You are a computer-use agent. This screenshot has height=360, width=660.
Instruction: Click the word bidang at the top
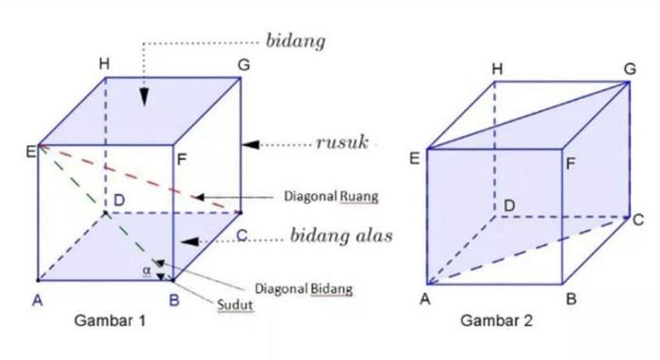pos(295,41)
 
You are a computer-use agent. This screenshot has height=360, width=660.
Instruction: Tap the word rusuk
pos(342,142)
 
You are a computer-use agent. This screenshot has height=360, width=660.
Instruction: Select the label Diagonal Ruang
pos(331,196)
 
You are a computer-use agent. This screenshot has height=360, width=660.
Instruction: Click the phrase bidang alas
pos(341,236)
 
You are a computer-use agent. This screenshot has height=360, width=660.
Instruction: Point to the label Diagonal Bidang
pos(304,289)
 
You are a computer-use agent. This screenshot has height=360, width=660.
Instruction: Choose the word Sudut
pos(236,304)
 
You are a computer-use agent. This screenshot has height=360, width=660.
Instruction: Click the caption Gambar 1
pos(110,320)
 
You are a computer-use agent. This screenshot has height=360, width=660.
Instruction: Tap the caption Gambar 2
pos(497,320)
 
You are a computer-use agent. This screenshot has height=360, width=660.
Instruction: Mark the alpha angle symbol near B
pos(146,270)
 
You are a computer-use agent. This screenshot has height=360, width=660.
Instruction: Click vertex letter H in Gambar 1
pos(105,64)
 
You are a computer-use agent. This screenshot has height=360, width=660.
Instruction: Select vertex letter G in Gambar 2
pos(630,69)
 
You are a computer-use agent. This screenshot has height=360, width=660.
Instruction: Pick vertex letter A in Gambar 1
pos(38,301)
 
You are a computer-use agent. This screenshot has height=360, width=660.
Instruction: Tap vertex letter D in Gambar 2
pos(509,205)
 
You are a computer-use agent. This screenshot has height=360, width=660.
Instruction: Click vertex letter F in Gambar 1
pos(182,160)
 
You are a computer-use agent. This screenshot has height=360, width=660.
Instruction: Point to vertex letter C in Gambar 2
pos(638,220)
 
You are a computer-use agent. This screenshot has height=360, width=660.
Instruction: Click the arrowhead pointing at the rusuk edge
pos(251,145)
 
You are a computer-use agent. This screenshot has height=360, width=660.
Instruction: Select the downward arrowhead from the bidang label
pos(144,97)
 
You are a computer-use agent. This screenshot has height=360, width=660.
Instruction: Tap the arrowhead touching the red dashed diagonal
pos(200,197)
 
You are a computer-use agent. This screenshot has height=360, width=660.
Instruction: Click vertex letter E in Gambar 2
pos(415,158)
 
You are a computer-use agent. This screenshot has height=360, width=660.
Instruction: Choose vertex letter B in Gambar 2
pos(571,299)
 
